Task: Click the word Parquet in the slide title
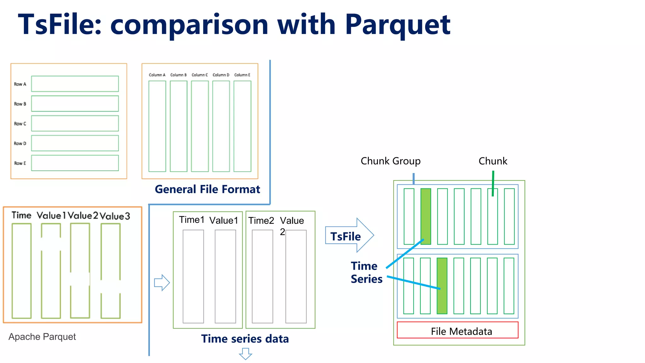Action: click(x=397, y=25)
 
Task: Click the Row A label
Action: click(x=20, y=84)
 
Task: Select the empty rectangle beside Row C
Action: click(x=75, y=123)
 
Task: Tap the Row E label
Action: click(x=20, y=163)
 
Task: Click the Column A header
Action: click(x=157, y=75)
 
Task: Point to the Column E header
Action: click(x=242, y=75)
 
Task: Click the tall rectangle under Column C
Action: click(x=200, y=126)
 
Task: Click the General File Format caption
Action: click(x=207, y=189)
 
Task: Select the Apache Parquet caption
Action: click(x=42, y=337)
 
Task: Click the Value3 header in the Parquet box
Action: click(x=115, y=216)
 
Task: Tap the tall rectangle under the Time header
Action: click(x=21, y=271)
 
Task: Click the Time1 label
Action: click(x=191, y=220)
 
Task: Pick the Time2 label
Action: click(x=261, y=221)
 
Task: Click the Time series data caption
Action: click(x=245, y=339)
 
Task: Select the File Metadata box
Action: click(x=457, y=330)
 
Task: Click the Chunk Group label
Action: click(x=390, y=161)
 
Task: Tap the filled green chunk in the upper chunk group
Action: click(x=425, y=216)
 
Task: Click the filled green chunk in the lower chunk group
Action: click(x=442, y=285)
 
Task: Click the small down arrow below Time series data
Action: click(x=245, y=354)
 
